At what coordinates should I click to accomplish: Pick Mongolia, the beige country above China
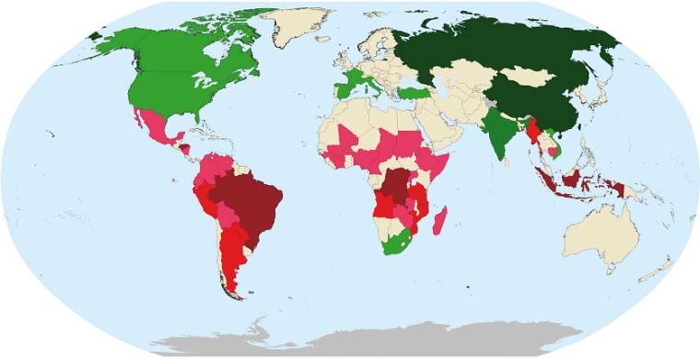click(532, 77)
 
